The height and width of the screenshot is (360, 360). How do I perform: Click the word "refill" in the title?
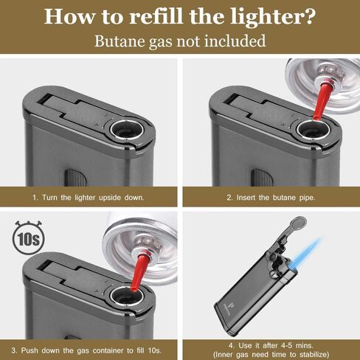pos(156,16)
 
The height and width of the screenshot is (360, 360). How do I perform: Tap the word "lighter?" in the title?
pos(273,17)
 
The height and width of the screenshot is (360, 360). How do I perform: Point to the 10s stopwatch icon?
pos(29,238)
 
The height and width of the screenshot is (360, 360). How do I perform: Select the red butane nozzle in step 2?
pos(322,98)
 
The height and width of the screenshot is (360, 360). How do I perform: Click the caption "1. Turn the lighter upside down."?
pos(89,197)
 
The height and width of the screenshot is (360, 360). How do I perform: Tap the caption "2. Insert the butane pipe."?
pos(271,197)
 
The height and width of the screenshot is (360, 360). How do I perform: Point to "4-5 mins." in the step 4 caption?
pos(297,345)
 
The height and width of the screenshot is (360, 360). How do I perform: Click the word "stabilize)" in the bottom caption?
pos(314,354)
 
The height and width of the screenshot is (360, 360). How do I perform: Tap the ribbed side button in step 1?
pos(75,177)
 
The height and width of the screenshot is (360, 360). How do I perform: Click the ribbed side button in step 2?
pos(262,177)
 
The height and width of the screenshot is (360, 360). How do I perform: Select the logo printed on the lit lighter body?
pos(229,308)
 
